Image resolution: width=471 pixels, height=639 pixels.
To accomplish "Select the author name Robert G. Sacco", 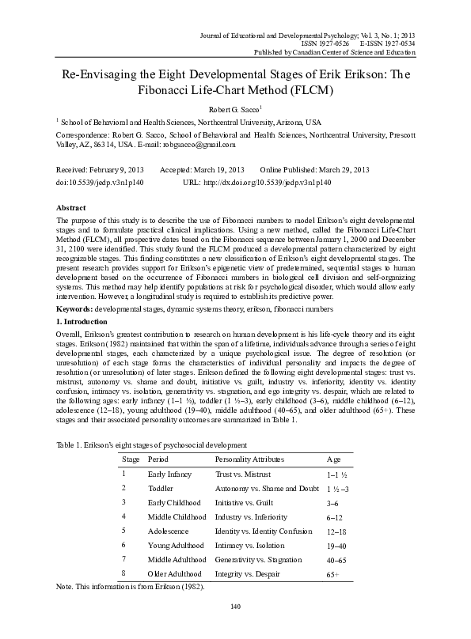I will tap(234, 109).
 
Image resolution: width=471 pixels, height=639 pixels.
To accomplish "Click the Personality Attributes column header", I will tap(253, 459).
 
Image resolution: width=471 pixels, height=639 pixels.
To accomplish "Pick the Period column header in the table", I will tap(158, 459).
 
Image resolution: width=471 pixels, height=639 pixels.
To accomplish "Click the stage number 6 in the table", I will tap(124, 544).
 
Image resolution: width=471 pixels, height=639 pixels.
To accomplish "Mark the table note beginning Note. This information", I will tap(131, 588).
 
